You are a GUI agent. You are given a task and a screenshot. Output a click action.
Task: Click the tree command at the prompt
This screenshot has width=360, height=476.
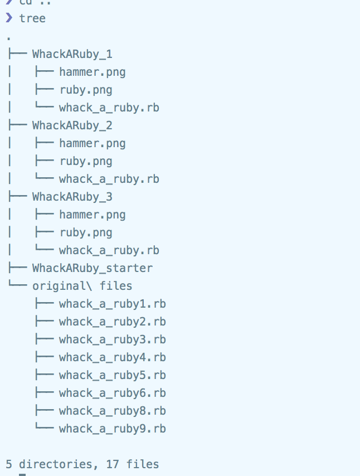point(32,18)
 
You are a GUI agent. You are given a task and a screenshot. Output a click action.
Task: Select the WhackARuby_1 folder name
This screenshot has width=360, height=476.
point(72,54)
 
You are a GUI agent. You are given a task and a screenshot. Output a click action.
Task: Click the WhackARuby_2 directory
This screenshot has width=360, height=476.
point(72,125)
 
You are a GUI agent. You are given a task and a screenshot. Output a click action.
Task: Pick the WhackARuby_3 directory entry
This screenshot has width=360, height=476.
point(72,197)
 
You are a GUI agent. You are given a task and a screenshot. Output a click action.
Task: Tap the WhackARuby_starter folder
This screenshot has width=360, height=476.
point(92,268)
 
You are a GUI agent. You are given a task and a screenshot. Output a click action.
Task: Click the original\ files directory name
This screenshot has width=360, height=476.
point(82,286)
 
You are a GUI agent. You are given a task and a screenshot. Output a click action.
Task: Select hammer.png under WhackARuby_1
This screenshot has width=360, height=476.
point(92,72)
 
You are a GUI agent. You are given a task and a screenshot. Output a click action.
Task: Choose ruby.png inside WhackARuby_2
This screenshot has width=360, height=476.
point(85,161)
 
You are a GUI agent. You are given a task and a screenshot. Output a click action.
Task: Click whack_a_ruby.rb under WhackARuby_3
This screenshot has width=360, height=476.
point(109,250)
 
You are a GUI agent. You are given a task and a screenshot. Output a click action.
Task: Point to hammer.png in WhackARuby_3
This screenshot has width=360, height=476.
point(92,215)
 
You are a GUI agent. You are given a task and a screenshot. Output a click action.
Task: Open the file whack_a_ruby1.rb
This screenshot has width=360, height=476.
point(112,304)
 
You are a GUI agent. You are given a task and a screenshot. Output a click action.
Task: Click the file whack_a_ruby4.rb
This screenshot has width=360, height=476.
point(112,357)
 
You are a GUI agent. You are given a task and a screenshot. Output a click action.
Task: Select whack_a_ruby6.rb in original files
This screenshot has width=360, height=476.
point(112,393)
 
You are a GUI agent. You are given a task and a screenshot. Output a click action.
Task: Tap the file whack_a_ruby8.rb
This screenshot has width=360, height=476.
point(112,411)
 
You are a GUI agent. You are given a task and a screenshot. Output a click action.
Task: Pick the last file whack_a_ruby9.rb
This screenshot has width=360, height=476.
point(112,429)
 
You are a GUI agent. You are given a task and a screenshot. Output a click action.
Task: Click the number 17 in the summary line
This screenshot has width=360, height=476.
point(112,464)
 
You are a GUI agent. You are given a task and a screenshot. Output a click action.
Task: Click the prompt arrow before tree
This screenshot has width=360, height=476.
point(8,18)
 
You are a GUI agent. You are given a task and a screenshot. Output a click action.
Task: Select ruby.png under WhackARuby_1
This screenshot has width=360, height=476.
point(85,90)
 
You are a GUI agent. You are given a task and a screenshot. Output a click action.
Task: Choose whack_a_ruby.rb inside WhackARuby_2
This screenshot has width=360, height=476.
point(109,179)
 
